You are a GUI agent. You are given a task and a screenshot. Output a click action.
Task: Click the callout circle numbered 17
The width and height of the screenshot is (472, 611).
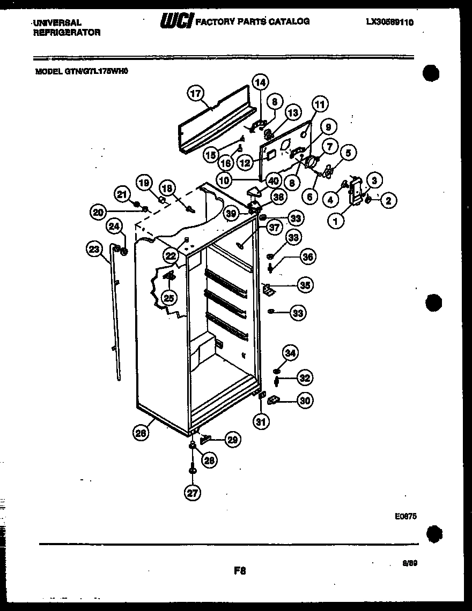tap(196, 93)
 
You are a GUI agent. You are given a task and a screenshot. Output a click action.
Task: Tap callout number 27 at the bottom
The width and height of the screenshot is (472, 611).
tap(191, 493)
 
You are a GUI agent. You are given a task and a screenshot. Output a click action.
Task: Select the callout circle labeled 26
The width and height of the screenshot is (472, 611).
tap(141, 434)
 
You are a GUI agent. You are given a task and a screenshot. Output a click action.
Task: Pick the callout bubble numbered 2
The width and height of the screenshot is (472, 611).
tap(388, 201)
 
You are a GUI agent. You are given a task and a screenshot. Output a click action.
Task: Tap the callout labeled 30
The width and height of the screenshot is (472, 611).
tap(305, 400)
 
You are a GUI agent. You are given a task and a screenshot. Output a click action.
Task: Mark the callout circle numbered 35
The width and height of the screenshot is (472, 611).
tap(305, 285)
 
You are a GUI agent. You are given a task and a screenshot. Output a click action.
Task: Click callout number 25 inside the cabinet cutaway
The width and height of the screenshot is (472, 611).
tap(169, 297)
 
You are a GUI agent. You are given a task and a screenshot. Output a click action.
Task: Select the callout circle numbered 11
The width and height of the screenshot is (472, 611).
tap(320, 104)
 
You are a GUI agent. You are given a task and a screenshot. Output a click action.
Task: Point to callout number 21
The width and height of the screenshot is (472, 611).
tap(122, 194)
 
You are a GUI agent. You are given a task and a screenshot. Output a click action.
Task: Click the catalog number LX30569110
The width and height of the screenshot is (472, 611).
tap(390, 22)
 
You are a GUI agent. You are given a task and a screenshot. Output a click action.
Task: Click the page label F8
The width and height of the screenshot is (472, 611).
tap(239, 571)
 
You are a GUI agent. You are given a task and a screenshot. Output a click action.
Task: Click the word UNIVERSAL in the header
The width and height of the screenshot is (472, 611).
tap(57, 22)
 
